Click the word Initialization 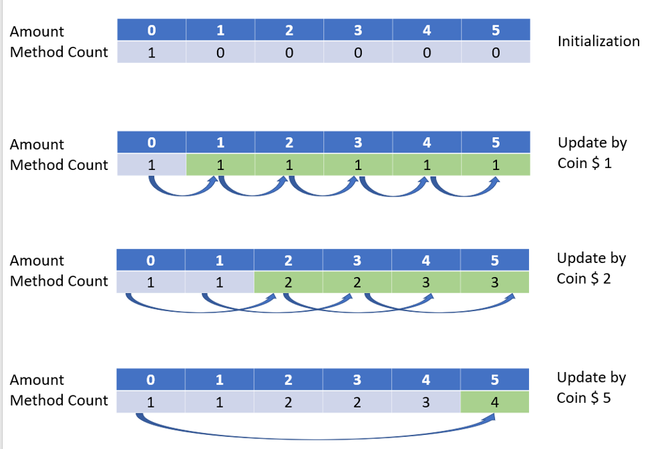point(599,41)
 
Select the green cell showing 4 point(495,402)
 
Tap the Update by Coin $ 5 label point(591,387)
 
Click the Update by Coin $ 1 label point(591,153)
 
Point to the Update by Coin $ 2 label point(591,268)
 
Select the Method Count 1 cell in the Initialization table point(152,53)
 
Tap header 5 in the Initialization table point(495,30)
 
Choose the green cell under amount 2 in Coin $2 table point(289,282)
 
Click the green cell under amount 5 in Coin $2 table point(495,282)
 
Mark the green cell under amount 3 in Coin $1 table point(358,165)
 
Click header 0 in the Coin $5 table point(151,380)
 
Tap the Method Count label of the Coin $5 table point(59,400)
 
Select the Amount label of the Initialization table point(37,31)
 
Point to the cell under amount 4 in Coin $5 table point(426,402)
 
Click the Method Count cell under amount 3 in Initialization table point(358,53)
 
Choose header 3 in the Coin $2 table point(357,260)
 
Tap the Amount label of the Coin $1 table point(37,145)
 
